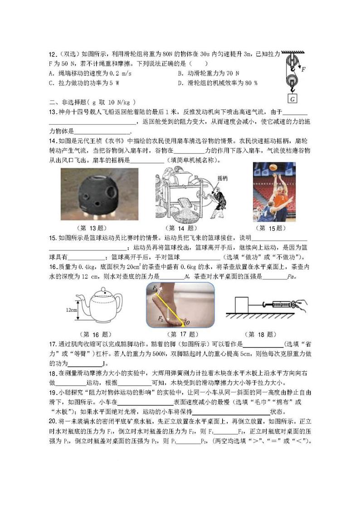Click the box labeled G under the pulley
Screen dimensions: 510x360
click(x=292, y=97)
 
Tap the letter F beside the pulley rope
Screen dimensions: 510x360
click(x=303, y=69)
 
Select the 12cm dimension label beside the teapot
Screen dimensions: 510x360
click(x=69, y=310)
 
